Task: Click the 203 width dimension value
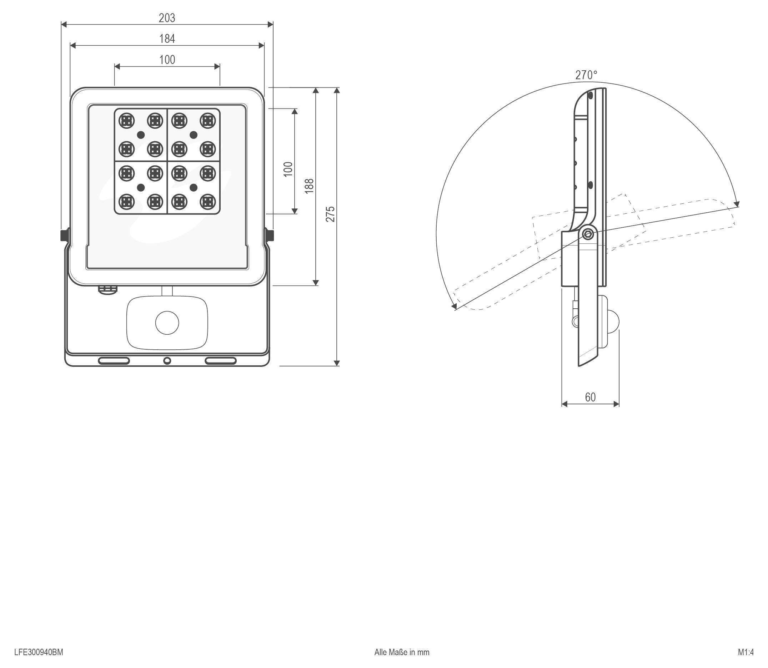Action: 167,18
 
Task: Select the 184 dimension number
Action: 167,39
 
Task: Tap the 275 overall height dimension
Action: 331,214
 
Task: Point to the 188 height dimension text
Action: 309,186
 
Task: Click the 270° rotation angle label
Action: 586,75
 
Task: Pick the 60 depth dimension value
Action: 590,398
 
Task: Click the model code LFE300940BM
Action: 39,652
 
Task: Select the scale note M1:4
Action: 746,652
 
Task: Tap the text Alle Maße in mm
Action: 402,652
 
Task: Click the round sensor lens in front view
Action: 167,323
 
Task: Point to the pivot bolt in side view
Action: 588,234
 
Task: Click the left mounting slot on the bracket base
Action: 114,360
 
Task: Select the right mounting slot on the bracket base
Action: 220,360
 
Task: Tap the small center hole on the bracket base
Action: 167,360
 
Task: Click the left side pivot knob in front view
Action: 64,235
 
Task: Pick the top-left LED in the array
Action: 126,120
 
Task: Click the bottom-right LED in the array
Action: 208,202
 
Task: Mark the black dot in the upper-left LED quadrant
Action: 141,135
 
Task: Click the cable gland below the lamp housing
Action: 107,290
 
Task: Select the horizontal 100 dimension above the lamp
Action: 167,60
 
